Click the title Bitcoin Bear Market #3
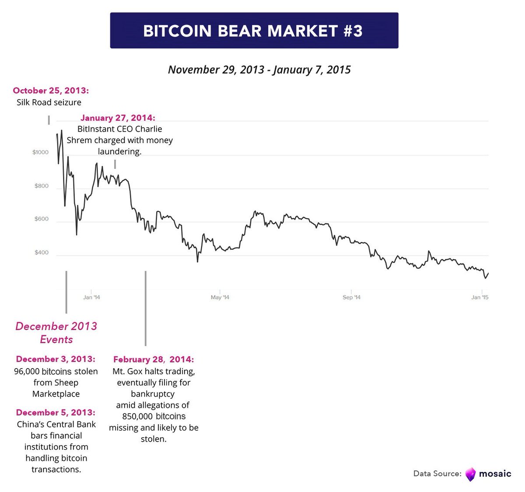click(253, 31)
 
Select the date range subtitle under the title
click(259, 70)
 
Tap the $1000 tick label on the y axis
click(40, 152)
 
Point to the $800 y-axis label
click(41, 186)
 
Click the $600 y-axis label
click(41, 219)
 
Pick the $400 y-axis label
click(41, 253)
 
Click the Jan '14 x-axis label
click(91, 297)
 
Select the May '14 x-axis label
click(220, 297)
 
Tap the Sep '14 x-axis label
click(351, 297)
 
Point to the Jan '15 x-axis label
click(479, 297)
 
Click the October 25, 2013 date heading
click(51, 91)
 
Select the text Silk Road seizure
click(49, 102)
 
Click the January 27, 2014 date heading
click(118, 118)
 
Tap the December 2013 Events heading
click(56, 333)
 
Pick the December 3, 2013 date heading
click(56, 359)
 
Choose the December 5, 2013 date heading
click(56, 413)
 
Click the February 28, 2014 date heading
click(154, 360)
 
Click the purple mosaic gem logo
click(470, 474)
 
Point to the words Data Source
click(437, 474)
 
